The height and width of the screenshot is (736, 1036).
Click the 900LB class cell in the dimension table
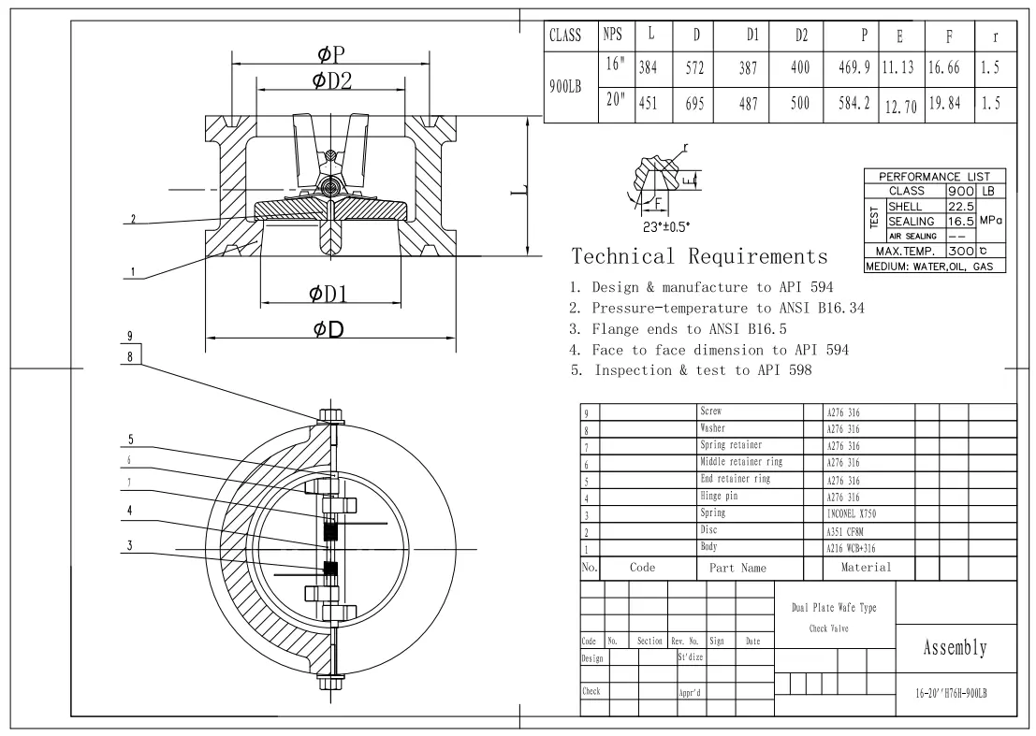(565, 87)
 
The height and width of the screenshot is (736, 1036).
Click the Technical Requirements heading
(699, 255)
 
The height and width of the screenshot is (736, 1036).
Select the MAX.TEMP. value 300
(956, 251)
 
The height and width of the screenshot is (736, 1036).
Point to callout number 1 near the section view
(132, 273)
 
